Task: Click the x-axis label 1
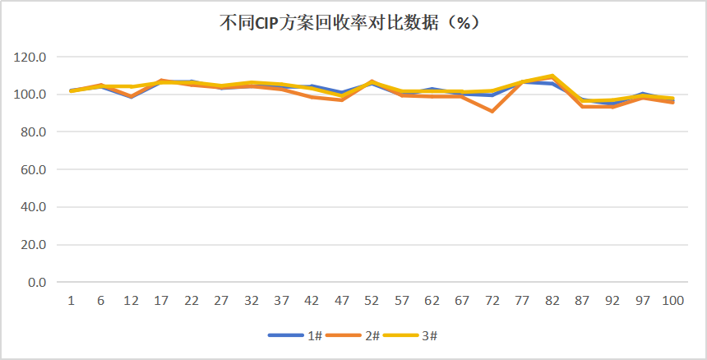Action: point(72,301)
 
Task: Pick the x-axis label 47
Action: point(342,301)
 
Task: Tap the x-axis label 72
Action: point(492,301)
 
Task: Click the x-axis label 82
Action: point(552,301)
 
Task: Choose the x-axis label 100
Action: point(672,301)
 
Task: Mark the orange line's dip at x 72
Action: point(492,111)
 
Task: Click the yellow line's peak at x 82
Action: point(552,76)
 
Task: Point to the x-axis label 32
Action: point(252,301)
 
